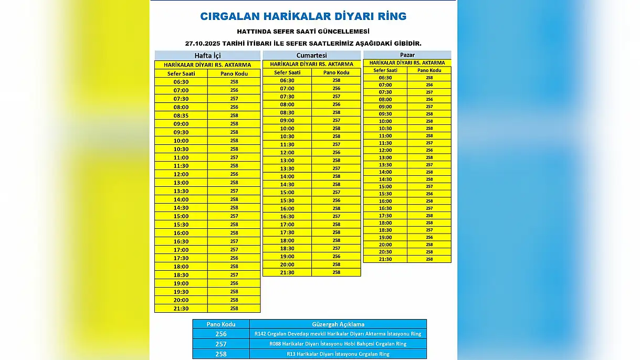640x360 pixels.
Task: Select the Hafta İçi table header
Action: point(207,56)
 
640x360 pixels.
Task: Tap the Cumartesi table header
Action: point(311,55)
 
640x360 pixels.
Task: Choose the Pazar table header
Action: point(407,55)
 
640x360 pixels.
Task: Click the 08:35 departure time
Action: point(181,115)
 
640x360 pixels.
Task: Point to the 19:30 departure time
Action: point(181,292)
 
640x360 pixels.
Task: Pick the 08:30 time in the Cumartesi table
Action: point(287,112)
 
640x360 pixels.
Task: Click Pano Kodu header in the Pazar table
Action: point(429,70)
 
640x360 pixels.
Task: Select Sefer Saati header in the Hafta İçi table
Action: point(181,73)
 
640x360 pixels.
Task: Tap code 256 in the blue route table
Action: point(221,334)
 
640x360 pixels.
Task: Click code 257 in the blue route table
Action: point(221,344)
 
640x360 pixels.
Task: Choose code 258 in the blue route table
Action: point(221,354)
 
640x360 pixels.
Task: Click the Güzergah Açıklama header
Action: point(338,324)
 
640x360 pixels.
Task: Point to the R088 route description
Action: point(338,344)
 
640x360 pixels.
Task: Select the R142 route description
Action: point(338,334)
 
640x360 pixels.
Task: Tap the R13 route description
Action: point(338,354)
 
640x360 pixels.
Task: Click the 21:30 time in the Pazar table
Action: point(385,259)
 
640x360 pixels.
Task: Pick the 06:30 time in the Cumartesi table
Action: point(287,80)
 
